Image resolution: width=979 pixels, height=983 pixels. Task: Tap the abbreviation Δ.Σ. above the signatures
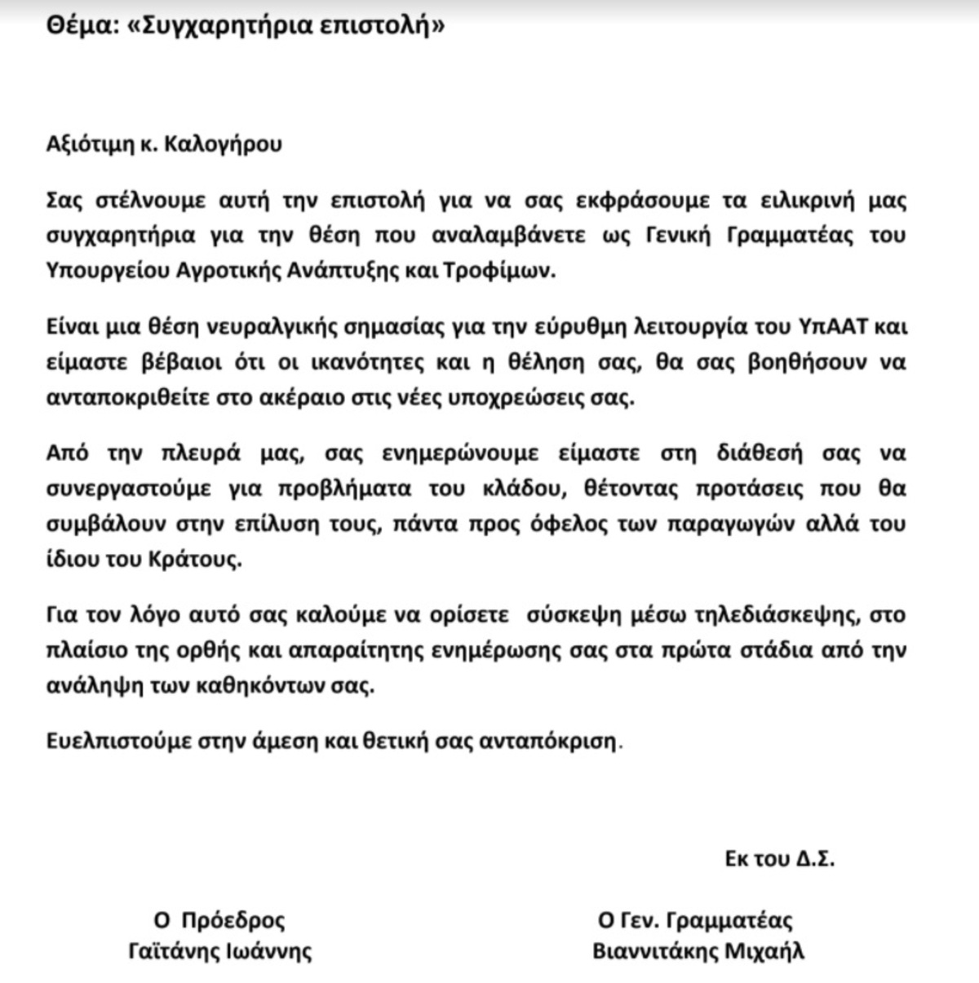(814, 859)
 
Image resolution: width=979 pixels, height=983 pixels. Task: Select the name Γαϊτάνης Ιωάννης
(220, 951)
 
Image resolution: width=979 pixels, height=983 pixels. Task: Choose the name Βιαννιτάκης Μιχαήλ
(698, 951)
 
